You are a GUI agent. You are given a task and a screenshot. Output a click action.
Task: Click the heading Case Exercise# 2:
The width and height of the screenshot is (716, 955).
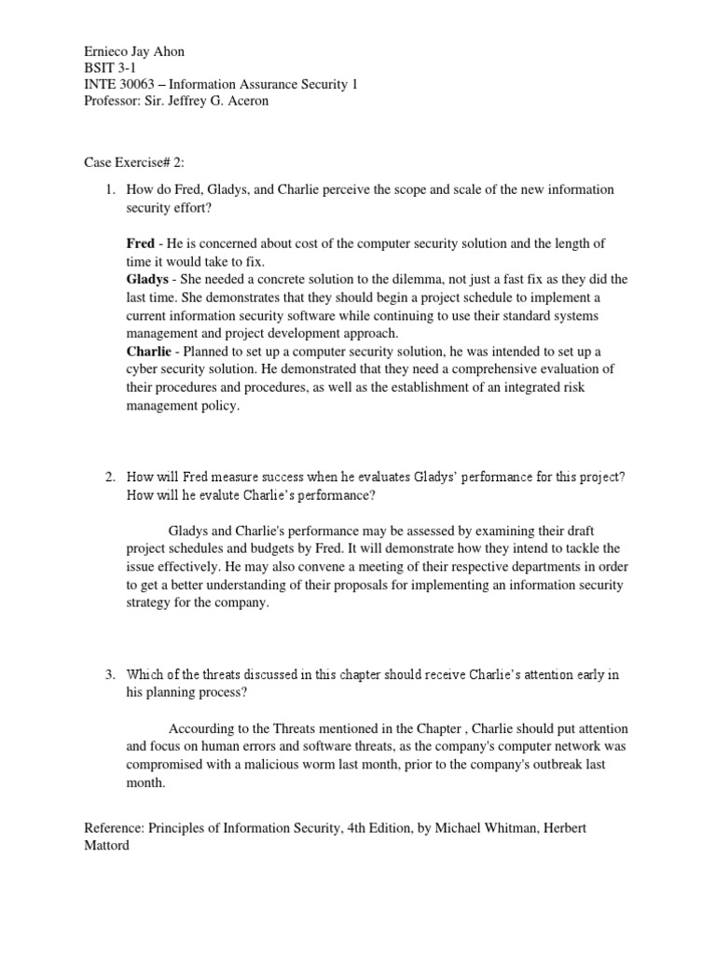pyautogui.click(x=133, y=161)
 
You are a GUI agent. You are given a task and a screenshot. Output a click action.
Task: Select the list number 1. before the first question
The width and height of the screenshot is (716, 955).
pyautogui.click(x=109, y=189)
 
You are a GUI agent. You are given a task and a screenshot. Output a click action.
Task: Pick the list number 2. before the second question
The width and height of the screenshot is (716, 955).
pyautogui.click(x=109, y=477)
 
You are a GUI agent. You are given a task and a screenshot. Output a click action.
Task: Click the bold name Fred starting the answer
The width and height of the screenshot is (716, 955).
pyautogui.click(x=141, y=243)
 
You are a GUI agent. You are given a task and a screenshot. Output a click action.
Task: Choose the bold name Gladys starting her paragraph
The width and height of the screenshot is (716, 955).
pyautogui.click(x=148, y=279)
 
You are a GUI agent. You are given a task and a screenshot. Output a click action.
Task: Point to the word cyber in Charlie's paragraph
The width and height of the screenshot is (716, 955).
pyautogui.click(x=142, y=369)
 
